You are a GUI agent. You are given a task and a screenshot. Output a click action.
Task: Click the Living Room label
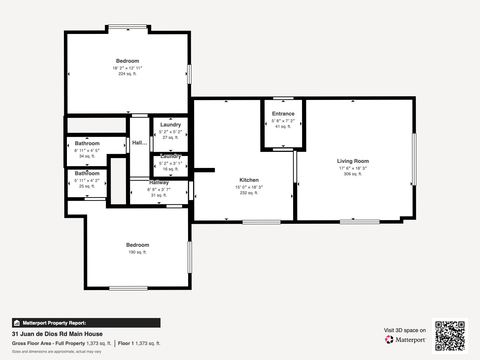(353, 161)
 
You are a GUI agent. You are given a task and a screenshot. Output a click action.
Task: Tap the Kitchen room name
(249, 180)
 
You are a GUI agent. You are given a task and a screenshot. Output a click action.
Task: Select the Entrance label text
(283, 114)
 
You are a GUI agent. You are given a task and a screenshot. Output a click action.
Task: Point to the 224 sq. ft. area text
(127, 74)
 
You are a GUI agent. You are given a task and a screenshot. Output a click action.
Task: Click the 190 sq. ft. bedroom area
(137, 252)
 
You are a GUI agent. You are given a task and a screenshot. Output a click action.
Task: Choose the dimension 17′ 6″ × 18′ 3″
(353, 168)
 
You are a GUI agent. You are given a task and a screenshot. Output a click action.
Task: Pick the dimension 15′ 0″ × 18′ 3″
(249, 187)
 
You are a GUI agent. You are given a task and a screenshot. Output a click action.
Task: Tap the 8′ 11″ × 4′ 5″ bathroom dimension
(87, 150)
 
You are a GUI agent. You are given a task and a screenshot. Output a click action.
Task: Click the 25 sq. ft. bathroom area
(87, 186)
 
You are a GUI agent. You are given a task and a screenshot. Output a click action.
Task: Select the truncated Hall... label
(139, 143)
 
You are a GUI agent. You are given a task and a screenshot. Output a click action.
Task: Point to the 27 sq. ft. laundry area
(171, 137)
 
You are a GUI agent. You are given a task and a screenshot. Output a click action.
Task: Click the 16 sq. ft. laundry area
(171, 169)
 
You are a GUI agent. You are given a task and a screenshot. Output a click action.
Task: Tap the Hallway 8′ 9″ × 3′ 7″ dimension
(159, 190)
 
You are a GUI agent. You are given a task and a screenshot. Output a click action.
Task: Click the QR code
(450, 336)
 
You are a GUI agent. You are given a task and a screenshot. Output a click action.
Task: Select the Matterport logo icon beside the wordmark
(389, 340)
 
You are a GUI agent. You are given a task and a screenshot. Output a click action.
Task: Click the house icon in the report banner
(17, 323)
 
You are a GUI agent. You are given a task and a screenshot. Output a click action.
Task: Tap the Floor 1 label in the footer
(126, 343)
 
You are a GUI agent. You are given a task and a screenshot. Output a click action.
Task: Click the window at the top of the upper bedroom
(127, 27)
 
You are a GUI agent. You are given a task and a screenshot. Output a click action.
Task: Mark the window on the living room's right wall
(414, 159)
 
